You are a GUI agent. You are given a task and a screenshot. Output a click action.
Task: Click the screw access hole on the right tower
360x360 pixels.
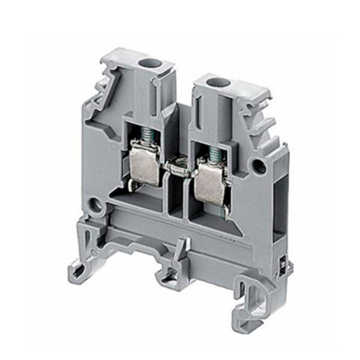(218, 82)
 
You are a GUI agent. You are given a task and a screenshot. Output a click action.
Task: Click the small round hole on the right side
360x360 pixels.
(258, 168)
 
